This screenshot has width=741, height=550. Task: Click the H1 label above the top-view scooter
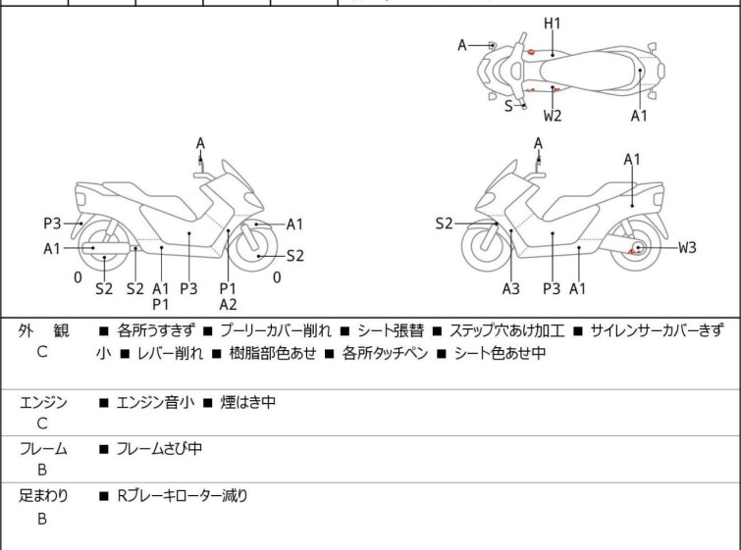pos(552,24)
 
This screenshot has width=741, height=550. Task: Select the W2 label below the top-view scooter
pos(553,116)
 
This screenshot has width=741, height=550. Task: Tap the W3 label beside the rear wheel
pos(687,247)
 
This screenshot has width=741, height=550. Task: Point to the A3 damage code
pos(511,288)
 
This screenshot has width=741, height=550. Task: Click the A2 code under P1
pos(228,305)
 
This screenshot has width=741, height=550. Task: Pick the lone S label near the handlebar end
pos(508,106)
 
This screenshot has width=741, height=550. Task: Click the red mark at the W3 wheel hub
pos(635,251)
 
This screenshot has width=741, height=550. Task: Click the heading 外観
pos(43,330)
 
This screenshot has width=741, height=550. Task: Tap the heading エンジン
pos(43,403)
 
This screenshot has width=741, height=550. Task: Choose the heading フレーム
pos(43,448)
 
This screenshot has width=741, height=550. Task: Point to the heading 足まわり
pos(43,496)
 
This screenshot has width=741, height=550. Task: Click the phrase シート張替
pos(391,330)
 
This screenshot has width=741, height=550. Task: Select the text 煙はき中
pos(247,403)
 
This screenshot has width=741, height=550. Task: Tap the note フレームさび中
pos(159,448)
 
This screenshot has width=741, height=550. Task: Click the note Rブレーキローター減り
pos(183,496)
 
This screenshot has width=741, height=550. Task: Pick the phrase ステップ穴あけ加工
pos(506,330)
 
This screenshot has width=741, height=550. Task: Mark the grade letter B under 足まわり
pos(42,519)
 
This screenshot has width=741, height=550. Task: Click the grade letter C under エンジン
pos(42,424)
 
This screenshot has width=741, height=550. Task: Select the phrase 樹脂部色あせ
pos(273,353)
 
